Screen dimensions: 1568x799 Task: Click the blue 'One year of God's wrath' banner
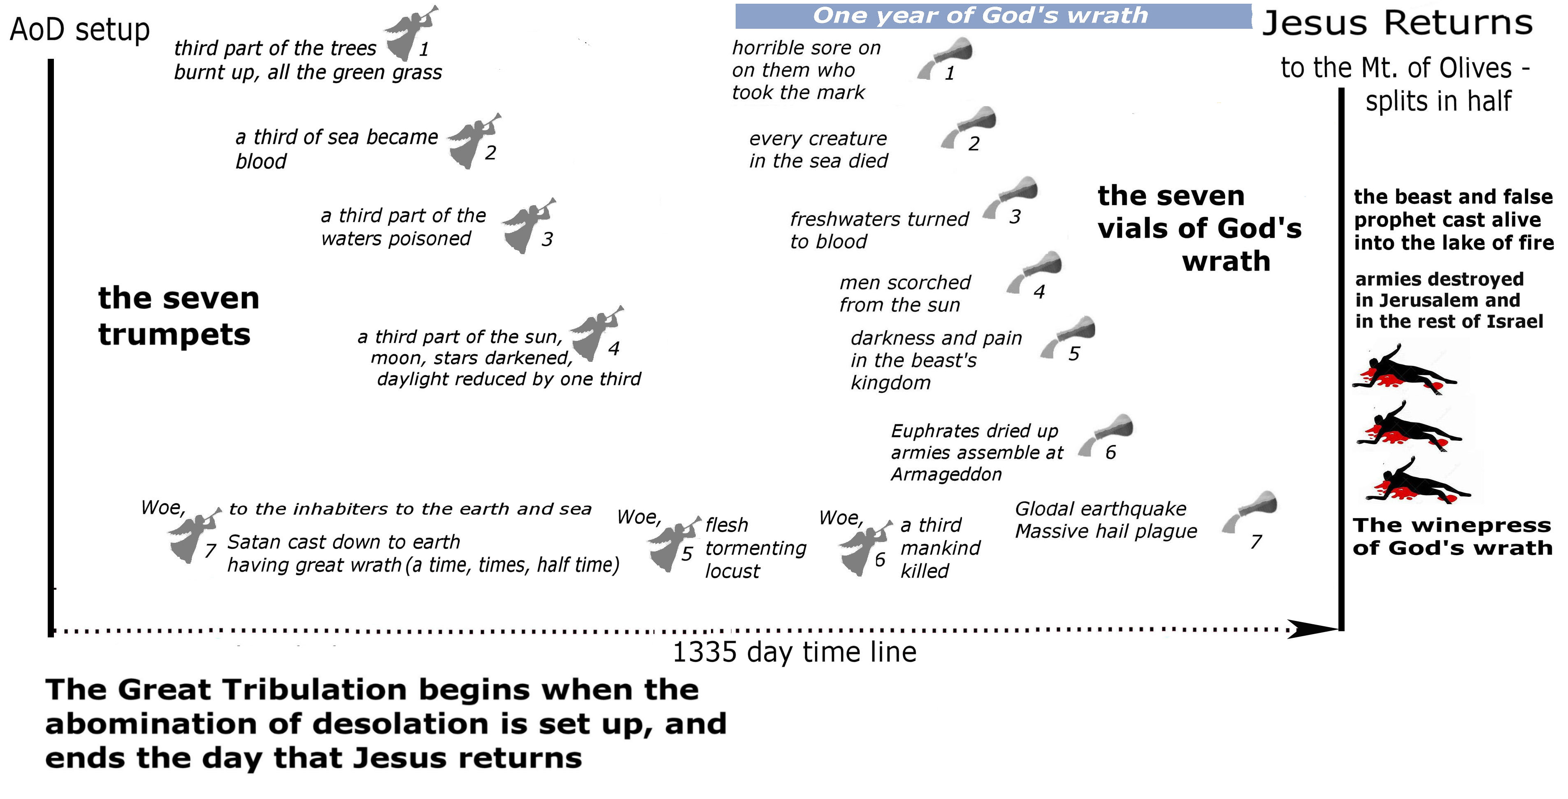pyautogui.click(x=993, y=16)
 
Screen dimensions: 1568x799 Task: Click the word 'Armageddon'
pyautogui.click(x=946, y=474)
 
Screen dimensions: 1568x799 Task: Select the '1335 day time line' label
pyautogui.click(x=794, y=652)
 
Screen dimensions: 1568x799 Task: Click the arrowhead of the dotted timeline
pyautogui.click(x=1315, y=629)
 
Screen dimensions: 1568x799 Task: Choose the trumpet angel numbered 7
pyautogui.click(x=193, y=535)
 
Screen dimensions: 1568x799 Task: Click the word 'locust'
pyautogui.click(x=732, y=572)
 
